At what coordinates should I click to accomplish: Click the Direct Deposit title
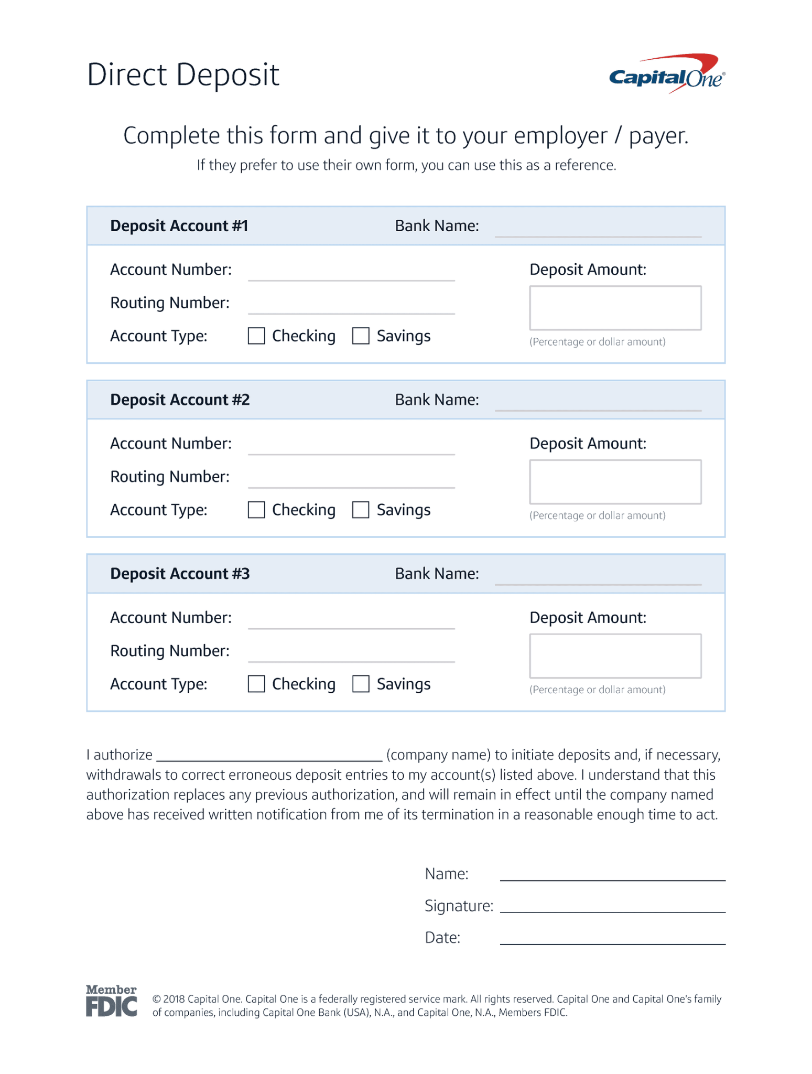pos(183,74)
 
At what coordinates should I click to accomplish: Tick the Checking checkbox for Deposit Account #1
pos(256,336)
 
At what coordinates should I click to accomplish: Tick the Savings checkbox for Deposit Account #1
pos(361,336)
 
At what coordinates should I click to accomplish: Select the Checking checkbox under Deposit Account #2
pos(256,510)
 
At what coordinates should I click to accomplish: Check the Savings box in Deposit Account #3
pos(361,684)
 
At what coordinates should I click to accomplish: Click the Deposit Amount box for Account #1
pos(615,308)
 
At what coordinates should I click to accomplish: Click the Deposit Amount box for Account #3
pos(615,656)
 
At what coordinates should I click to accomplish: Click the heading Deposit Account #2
pos(180,400)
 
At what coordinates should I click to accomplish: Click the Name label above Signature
pos(446,874)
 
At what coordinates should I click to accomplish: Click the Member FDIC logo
pos(111,1001)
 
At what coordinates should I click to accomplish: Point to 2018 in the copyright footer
pos(174,999)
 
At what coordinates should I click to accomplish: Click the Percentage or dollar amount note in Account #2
pos(597,515)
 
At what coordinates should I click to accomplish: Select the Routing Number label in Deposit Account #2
pos(170,477)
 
